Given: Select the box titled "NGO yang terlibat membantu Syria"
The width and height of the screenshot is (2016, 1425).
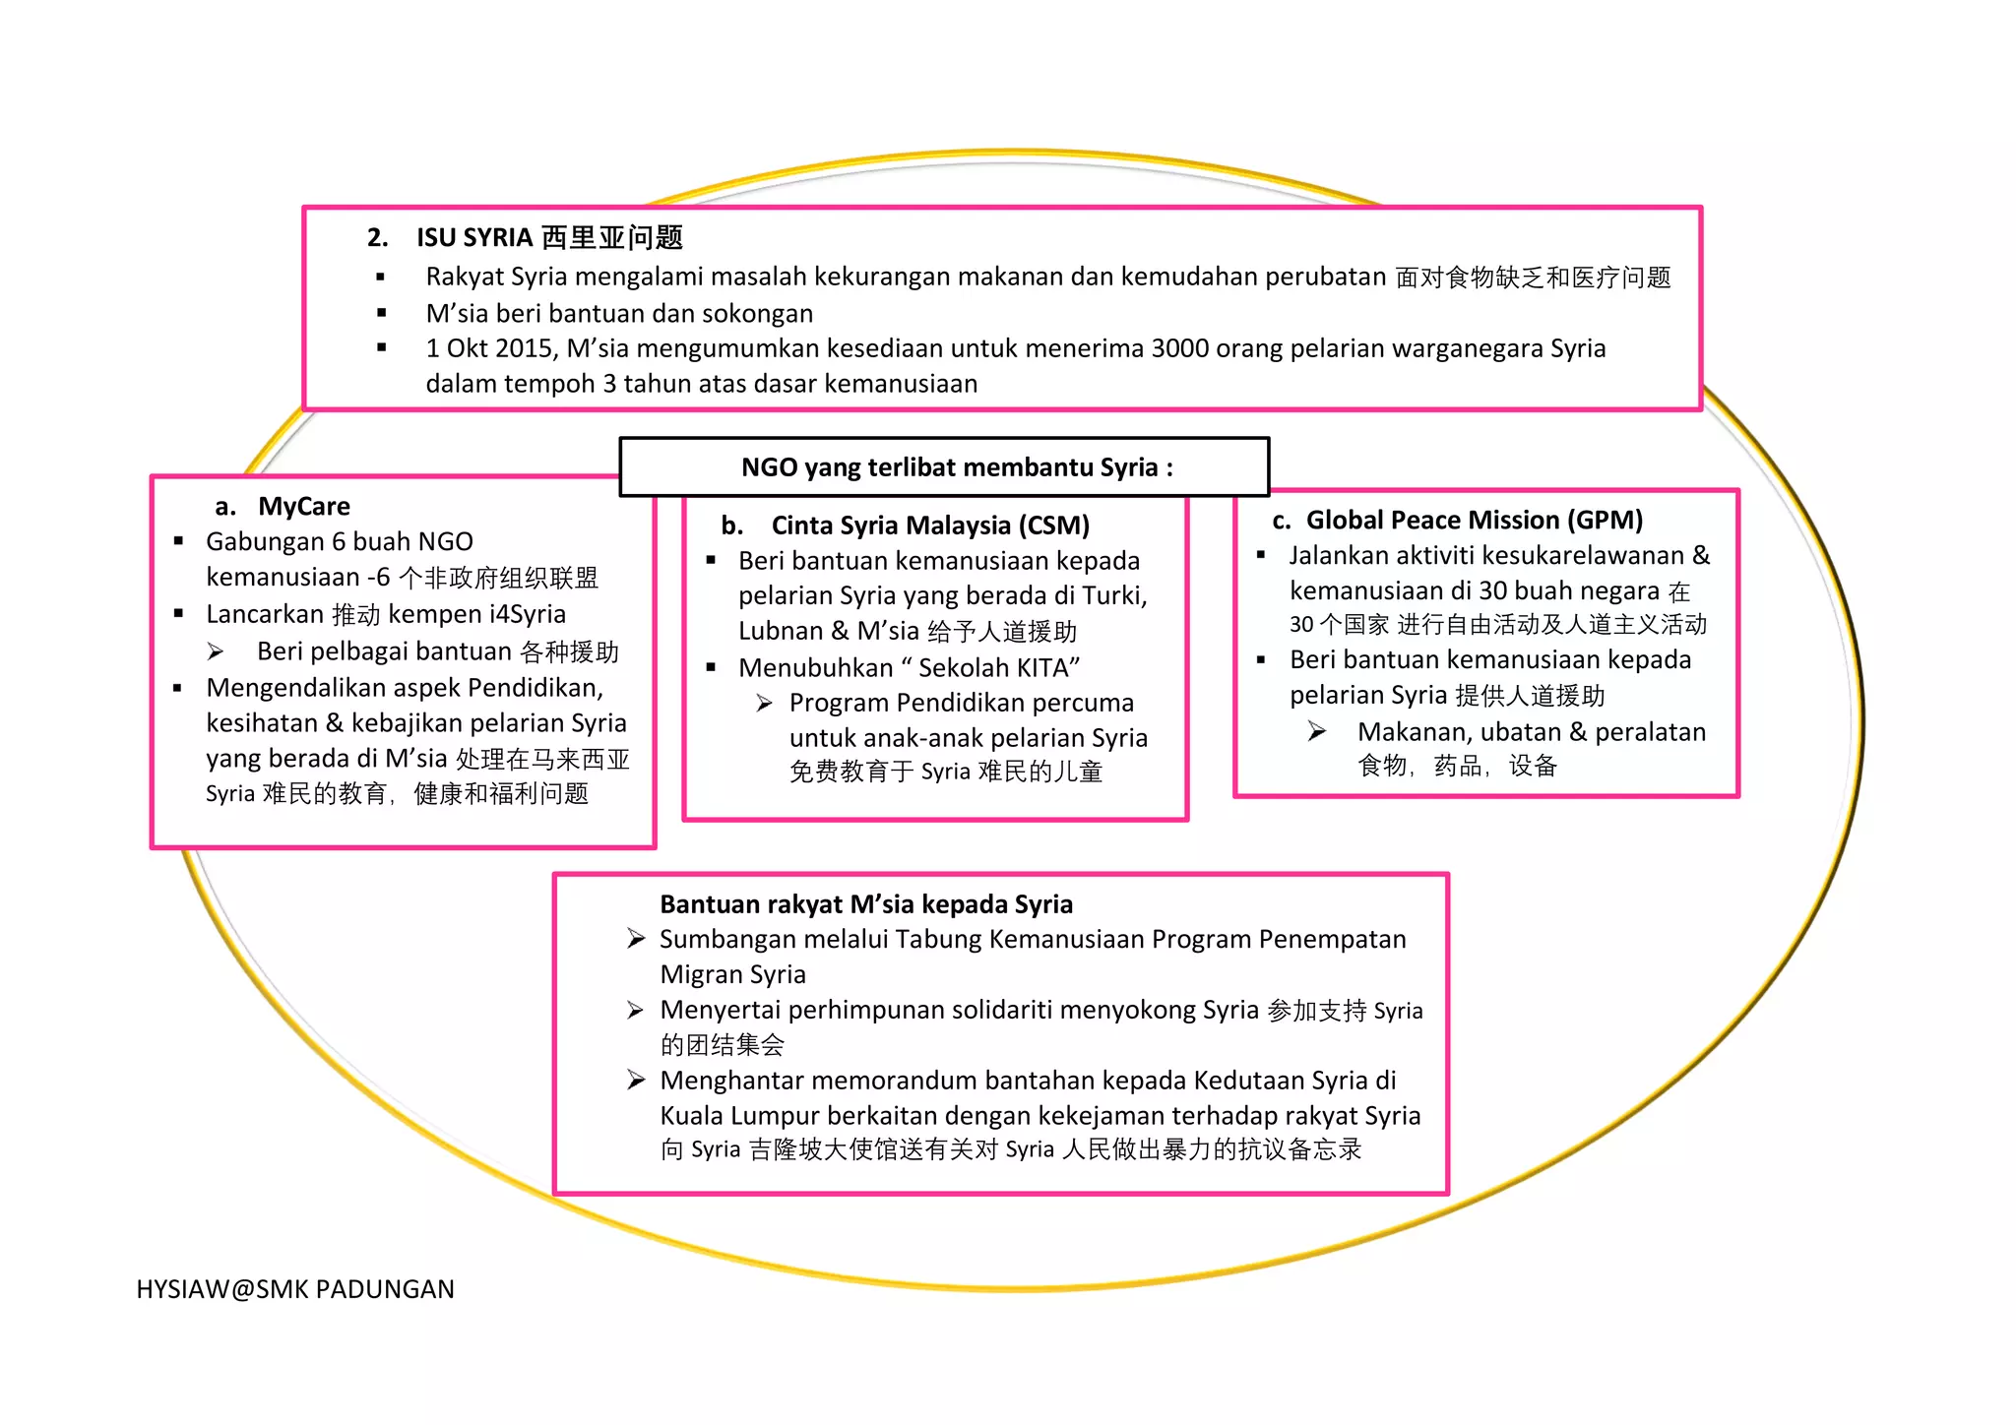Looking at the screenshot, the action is [944, 466].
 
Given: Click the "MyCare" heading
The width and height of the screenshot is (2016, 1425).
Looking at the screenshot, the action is [303, 506].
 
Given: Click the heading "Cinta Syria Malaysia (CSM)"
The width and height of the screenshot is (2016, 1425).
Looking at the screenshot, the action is [929, 526].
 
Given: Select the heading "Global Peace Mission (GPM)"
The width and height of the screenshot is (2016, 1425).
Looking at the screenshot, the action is [1474, 520].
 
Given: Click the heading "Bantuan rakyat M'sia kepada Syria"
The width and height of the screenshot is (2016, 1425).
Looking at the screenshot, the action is [865, 903].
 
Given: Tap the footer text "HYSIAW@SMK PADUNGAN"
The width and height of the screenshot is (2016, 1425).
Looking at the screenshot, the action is [295, 1289].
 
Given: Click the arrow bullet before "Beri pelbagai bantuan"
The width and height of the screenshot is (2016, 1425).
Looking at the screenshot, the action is [216, 651].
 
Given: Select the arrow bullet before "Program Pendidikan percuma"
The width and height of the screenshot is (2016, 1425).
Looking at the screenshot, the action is [764, 703].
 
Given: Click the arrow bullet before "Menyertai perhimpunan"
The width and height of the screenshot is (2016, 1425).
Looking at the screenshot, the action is [636, 1010].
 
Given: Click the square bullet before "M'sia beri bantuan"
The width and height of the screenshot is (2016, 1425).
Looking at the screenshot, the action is [381, 313].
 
